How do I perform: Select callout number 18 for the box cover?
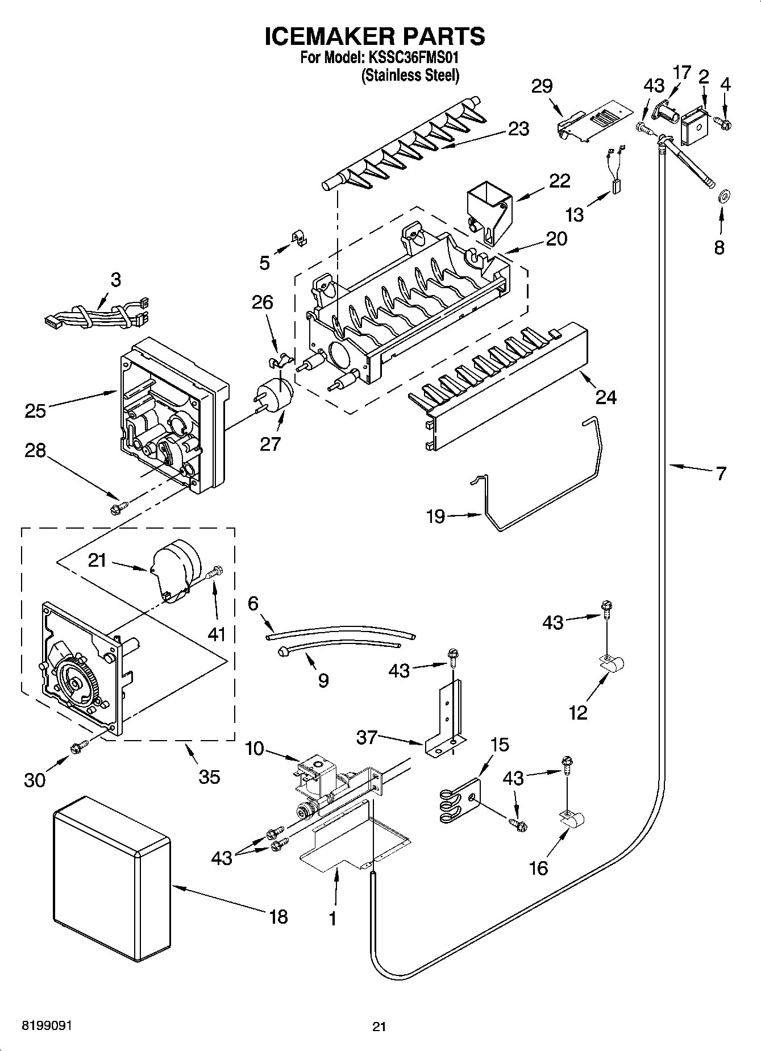click(278, 916)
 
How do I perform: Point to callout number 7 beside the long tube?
click(721, 473)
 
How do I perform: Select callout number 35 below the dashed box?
click(209, 776)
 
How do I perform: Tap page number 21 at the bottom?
click(379, 1027)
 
